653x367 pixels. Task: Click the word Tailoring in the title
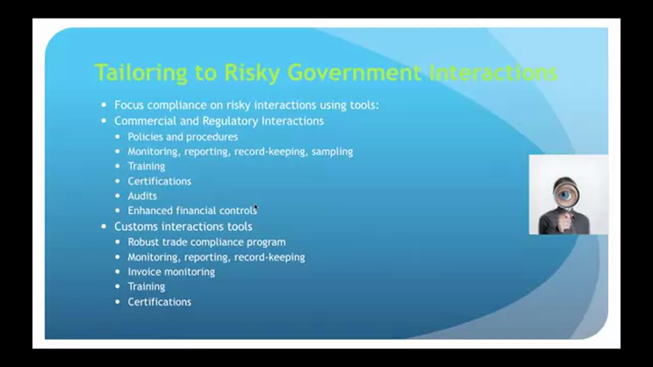[140, 73]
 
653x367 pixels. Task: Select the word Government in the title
[354, 73]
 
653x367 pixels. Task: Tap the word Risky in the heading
[252, 74]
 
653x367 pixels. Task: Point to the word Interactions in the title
[493, 73]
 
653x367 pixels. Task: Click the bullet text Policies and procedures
[183, 137]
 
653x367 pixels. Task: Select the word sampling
[333, 152]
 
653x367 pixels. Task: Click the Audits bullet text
[142, 196]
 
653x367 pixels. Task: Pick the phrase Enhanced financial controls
[192, 211]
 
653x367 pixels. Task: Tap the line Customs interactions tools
[183, 227]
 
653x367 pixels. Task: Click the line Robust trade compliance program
[206, 242]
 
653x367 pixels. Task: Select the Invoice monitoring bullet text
[171, 272]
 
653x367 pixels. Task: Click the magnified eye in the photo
[565, 194]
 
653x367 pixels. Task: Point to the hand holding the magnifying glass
[564, 222]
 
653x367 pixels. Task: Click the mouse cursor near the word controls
[255, 207]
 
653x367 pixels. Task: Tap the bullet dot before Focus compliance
[104, 105]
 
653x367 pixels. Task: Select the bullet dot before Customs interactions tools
[104, 227]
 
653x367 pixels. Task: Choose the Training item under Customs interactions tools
[147, 286]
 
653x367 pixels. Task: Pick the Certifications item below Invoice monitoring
[160, 302]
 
